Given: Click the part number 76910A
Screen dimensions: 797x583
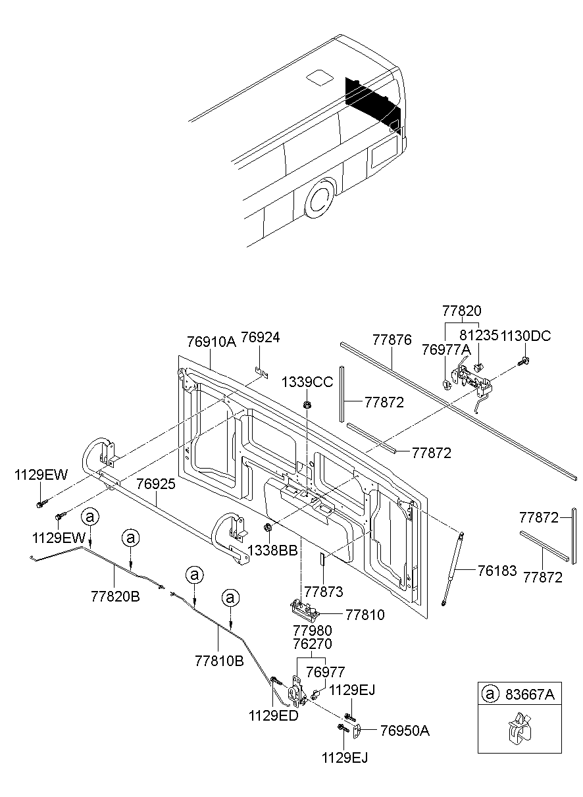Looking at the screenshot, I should click(x=211, y=342).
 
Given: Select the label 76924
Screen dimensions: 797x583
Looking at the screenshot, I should click(x=260, y=337).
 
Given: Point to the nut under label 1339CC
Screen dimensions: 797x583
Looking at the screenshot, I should click(x=307, y=403).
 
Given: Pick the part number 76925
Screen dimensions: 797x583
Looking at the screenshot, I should click(x=156, y=484).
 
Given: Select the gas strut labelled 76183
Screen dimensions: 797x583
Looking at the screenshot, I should click(x=453, y=566).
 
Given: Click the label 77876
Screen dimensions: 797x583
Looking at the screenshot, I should click(x=392, y=340).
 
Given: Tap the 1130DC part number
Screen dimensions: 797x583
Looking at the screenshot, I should click(x=526, y=336).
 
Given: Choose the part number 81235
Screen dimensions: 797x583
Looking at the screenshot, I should click(x=479, y=336).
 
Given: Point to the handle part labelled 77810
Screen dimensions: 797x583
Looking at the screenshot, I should click(x=307, y=610).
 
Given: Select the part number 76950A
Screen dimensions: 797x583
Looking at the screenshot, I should click(x=405, y=731).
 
